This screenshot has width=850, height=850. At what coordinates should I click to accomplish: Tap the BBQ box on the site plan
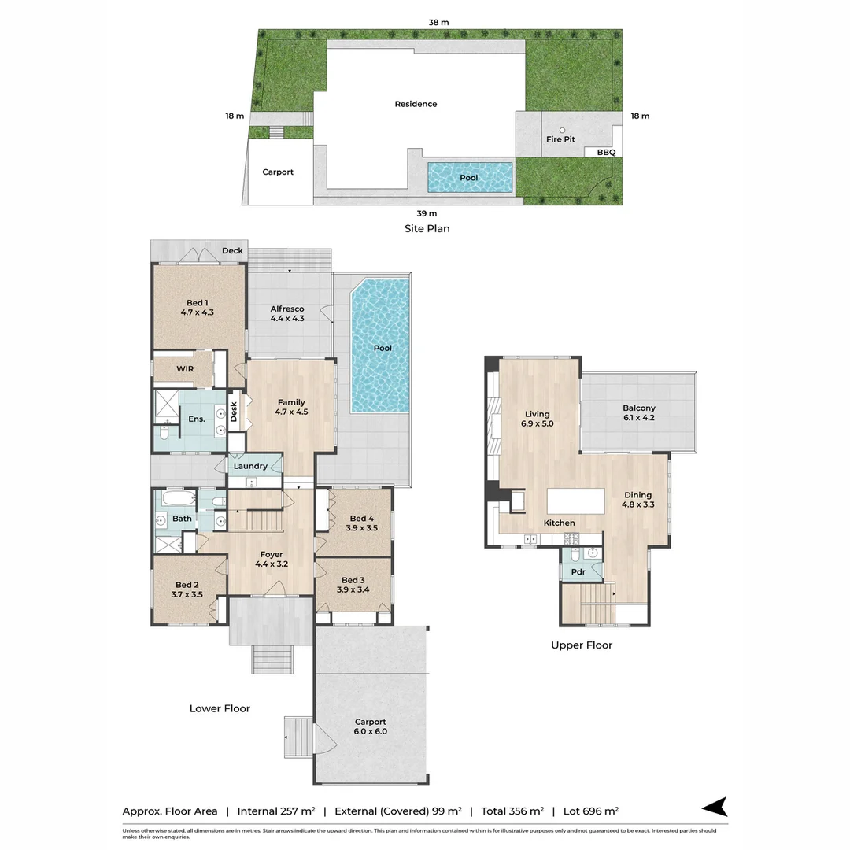click(x=605, y=153)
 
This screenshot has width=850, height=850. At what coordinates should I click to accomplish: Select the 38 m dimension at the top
click(x=438, y=23)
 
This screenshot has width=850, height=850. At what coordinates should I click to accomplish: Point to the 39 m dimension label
click(x=427, y=213)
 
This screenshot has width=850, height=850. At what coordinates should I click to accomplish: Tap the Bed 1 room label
click(x=197, y=307)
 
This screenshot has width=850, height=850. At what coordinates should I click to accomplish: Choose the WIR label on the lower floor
click(x=185, y=368)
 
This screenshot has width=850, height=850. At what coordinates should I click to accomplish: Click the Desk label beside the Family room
click(x=234, y=412)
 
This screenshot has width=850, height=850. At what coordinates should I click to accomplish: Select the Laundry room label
click(x=250, y=466)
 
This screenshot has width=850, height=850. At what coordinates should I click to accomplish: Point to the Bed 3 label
click(x=353, y=584)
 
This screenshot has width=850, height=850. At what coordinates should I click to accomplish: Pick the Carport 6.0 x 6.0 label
click(x=370, y=726)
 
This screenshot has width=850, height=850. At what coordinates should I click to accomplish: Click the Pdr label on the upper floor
click(x=578, y=572)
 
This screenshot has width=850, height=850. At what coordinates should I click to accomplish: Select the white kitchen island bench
click(x=576, y=501)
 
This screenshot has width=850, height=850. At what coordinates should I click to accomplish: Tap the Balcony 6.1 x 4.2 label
click(x=638, y=413)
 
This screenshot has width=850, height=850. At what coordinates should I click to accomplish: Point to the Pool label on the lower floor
click(x=382, y=348)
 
